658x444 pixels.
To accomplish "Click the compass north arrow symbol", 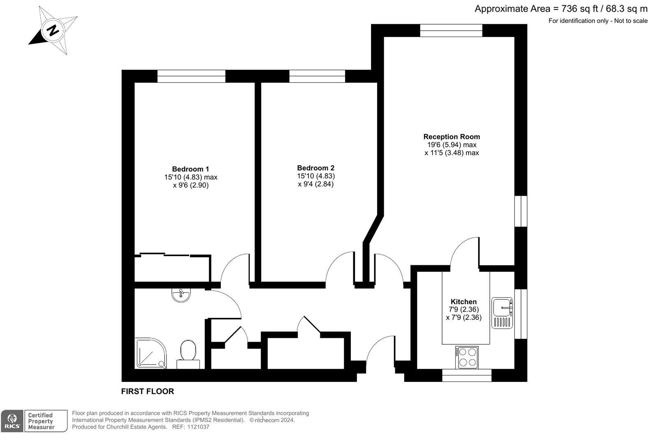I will coord(53,30).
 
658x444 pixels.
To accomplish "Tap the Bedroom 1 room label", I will coord(190,169).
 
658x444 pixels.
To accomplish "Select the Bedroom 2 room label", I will coord(315,168).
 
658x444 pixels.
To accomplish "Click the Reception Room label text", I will coord(452,136).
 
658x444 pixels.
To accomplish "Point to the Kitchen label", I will coord(463,302).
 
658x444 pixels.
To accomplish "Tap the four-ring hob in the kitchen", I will coord(467,357).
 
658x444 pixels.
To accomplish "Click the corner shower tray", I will coord(151,353).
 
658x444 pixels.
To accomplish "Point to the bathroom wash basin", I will coord(181,295).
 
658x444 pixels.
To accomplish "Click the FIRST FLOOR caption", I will coord(147,391).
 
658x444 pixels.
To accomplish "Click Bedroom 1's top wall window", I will coord(192,76).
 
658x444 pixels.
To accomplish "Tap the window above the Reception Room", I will coord(451,30).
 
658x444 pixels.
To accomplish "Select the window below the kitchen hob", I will coord(466,375).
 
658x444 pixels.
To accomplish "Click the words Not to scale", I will coord(630,21).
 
